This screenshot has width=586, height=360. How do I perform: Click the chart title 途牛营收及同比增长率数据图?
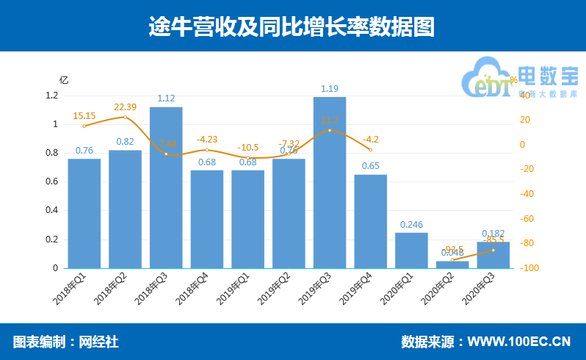(292, 27)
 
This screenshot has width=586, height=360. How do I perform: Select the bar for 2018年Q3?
(166, 187)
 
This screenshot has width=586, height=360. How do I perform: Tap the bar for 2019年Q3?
(330, 182)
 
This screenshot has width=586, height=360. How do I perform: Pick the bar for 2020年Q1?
(411, 250)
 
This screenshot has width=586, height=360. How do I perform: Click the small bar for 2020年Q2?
(452, 264)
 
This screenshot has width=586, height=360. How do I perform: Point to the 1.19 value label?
(330, 90)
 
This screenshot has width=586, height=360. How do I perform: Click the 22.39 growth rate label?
(126, 107)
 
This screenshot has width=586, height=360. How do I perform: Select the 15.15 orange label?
(84, 116)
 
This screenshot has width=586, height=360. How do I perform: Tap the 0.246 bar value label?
(411, 225)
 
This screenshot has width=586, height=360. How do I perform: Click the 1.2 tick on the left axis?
(51, 96)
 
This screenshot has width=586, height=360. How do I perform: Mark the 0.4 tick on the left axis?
(51, 211)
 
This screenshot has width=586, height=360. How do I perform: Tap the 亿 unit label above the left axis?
(64, 79)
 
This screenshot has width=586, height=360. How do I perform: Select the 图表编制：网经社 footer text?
(65, 342)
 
